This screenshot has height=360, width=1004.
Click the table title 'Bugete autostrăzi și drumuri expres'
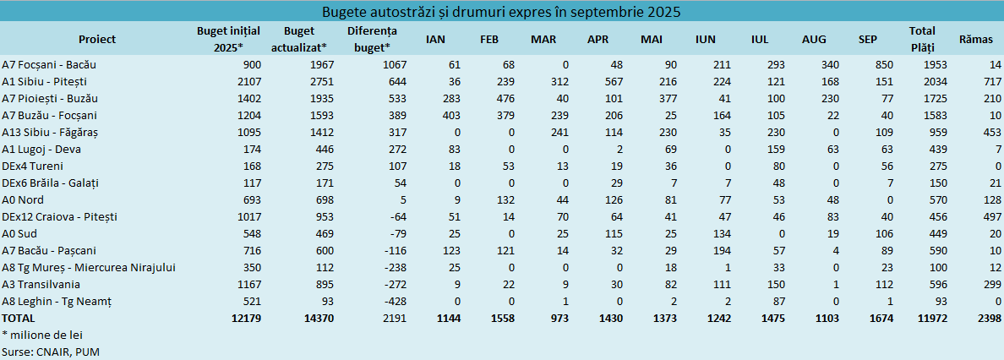502,12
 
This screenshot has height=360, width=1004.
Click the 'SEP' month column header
867,40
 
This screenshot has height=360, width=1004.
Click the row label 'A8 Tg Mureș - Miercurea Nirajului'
88,268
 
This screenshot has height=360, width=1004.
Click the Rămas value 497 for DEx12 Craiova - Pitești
990,217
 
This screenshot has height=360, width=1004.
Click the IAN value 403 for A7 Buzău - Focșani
450,116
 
